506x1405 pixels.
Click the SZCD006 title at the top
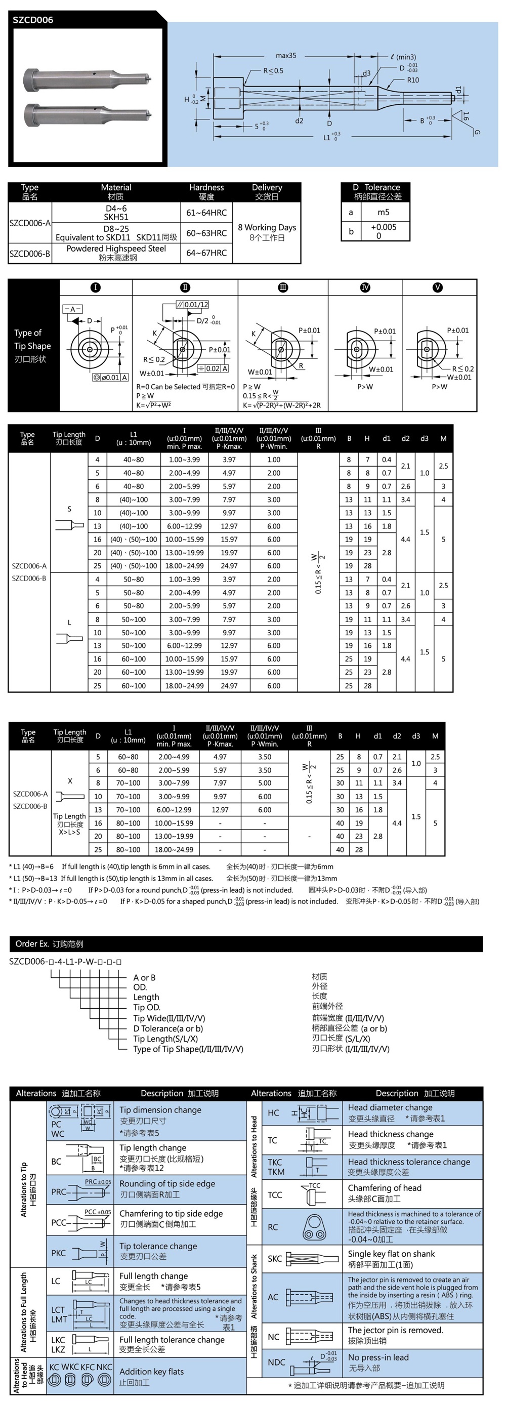click(33, 20)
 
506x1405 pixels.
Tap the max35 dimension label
click(286, 56)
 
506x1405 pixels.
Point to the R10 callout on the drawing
click(413, 80)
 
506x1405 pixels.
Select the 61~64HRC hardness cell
click(206, 213)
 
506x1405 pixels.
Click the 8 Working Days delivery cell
click(267, 232)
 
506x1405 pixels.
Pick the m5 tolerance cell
click(384, 212)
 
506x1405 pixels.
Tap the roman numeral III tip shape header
click(283, 287)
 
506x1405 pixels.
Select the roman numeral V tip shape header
click(437, 287)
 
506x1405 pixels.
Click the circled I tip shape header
click(96, 287)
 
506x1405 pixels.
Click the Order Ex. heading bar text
click(49, 944)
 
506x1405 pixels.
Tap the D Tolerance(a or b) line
click(168, 1028)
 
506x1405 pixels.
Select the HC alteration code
click(273, 1113)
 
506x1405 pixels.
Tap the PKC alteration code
click(59, 1253)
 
